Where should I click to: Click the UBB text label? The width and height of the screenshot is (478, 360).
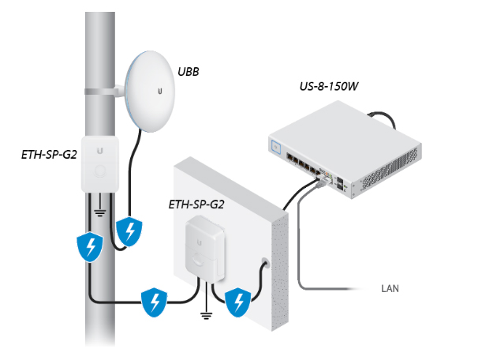point(189,72)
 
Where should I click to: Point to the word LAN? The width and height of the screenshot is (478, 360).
point(390,289)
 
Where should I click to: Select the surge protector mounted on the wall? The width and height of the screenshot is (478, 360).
point(204,246)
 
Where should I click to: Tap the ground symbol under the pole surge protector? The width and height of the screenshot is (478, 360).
point(101,212)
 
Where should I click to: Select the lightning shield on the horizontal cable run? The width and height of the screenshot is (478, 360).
point(154,302)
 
